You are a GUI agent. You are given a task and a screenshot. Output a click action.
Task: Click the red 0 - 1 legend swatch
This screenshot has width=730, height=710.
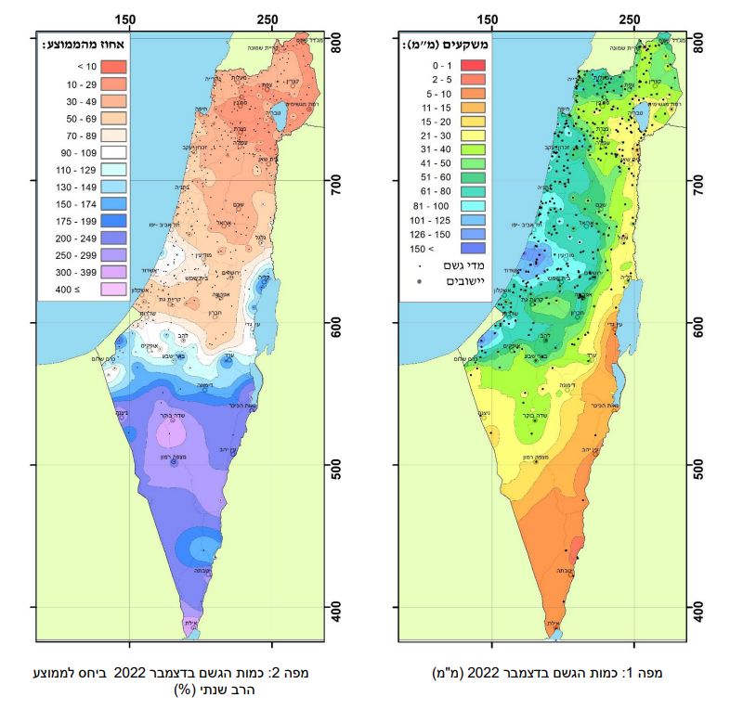pos(475,65)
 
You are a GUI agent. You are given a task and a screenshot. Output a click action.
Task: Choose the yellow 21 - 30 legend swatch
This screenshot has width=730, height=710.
pos(475,133)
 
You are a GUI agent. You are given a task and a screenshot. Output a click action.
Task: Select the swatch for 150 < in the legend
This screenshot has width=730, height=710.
pos(475,248)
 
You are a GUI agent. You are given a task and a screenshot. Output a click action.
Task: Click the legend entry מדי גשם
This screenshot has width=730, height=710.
pos(438,265)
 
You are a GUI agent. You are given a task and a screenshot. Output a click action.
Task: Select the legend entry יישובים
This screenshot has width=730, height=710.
pos(439,280)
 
